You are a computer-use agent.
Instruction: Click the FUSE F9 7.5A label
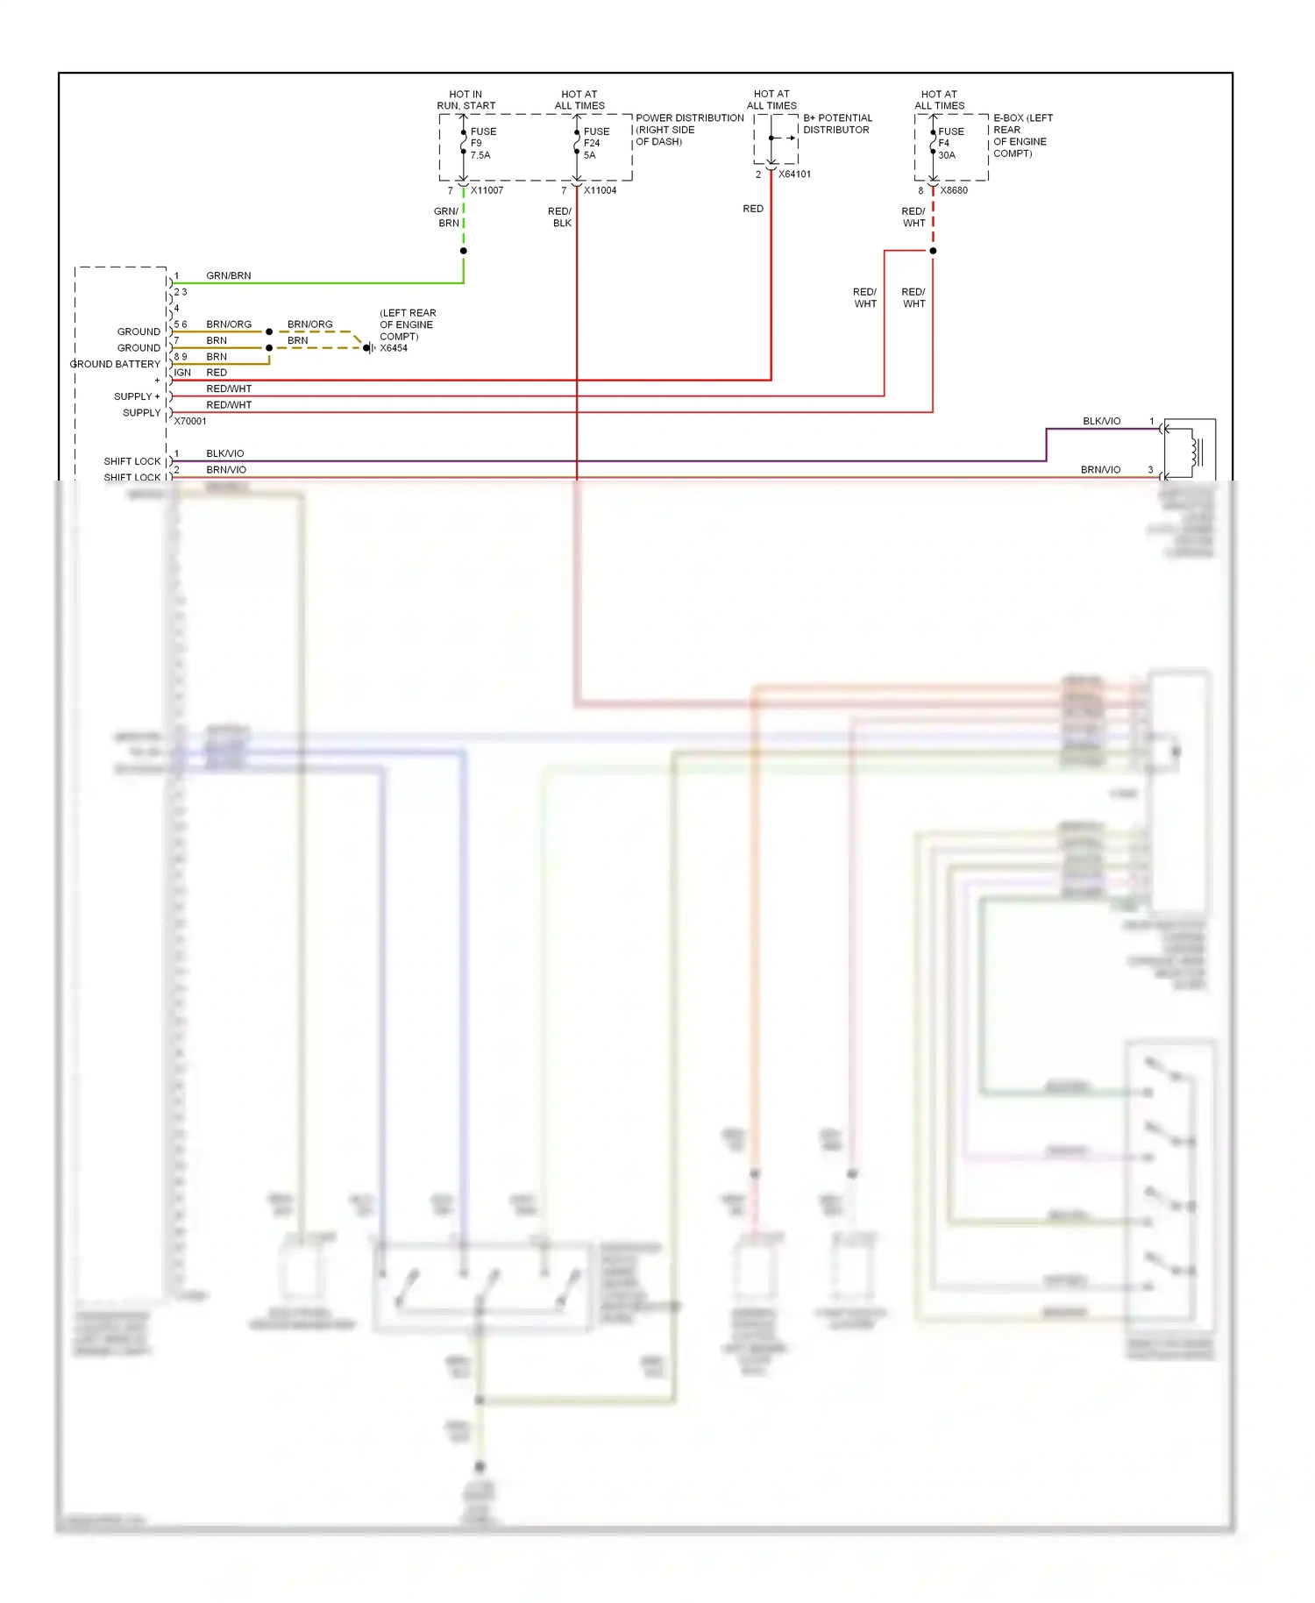tap(482, 143)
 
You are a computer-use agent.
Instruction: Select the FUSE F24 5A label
tap(596, 143)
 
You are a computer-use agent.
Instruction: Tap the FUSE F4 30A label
tap(950, 143)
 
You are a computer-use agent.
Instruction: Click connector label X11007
tap(487, 190)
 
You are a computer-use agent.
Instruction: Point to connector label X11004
tap(600, 190)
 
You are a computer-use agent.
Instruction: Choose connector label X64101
tap(794, 175)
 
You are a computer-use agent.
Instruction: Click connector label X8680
tap(954, 190)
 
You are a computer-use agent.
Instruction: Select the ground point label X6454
tap(394, 348)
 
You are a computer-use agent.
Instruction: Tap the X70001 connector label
tap(190, 421)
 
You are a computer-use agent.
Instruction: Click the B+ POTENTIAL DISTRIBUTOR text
tap(837, 124)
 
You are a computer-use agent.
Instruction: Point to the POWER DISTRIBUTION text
tap(689, 118)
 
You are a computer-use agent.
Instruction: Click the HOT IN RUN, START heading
tap(466, 100)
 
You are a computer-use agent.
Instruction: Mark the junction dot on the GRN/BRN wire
tap(464, 251)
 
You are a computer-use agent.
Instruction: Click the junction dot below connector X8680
tap(933, 251)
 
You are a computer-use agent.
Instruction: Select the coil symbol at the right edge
tap(1195, 452)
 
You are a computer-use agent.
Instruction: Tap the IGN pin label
tap(182, 373)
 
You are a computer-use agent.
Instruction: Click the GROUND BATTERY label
tap(115, 364)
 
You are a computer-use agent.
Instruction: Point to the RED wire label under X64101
tap(753, 209)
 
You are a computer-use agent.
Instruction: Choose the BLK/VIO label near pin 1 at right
tap(1101, 421)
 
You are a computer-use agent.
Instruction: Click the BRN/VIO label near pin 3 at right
tap(1100, 470)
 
